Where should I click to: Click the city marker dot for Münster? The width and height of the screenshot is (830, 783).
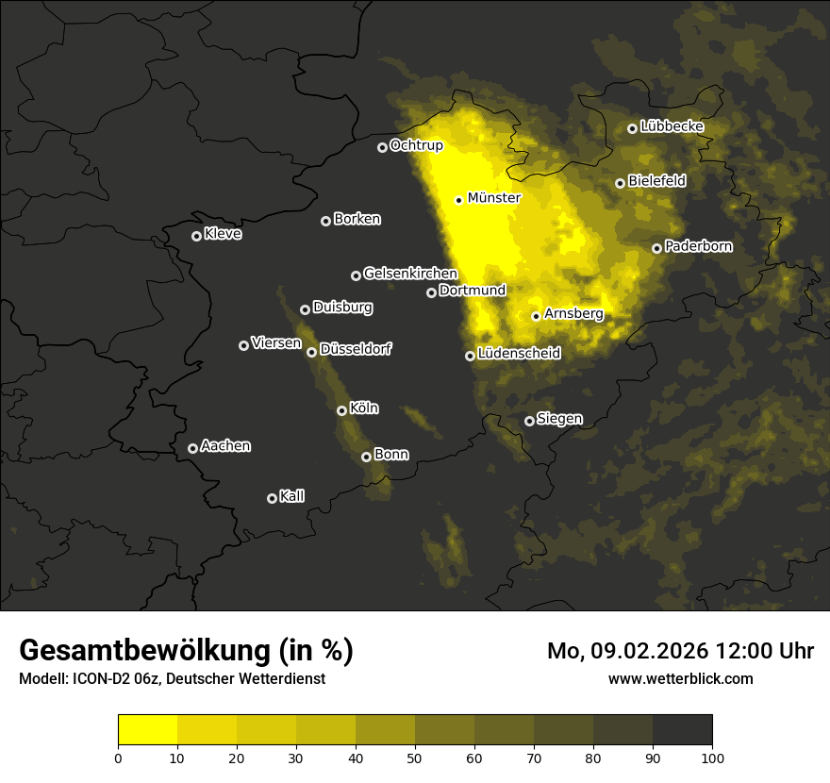459,200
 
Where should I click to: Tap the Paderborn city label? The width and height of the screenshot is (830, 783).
698,246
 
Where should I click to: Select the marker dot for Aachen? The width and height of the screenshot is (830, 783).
192,448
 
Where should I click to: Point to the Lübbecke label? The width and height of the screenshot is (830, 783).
672,126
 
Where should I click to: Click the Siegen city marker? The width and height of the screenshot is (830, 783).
529,421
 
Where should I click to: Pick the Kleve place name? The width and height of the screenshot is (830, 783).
223,234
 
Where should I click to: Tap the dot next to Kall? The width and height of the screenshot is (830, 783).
272,498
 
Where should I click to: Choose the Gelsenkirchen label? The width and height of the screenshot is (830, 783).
410,274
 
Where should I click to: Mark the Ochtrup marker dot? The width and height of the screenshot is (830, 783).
382,147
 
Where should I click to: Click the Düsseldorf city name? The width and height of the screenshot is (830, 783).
356,349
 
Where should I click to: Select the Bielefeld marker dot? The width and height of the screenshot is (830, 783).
620,183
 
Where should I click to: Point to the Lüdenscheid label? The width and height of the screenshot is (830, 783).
519,354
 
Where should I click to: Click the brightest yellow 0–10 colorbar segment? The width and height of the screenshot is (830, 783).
147,729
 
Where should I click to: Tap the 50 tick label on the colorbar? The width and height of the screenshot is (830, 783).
415,757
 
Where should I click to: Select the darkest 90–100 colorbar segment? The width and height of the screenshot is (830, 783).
682,729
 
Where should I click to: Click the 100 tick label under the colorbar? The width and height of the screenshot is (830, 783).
712,757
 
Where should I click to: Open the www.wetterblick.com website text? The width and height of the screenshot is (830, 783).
680,678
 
